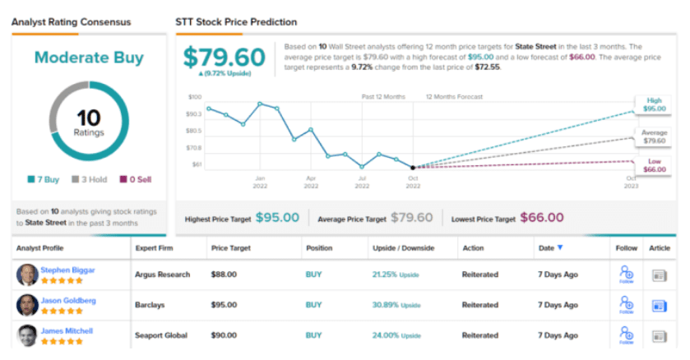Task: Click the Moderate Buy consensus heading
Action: [89, 58]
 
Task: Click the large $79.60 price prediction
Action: [225, 57]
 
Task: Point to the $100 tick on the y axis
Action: [194, 97]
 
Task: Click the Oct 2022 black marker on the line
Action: [413, 167]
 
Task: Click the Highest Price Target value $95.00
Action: [277, 218]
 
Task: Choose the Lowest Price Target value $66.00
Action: [542, 218]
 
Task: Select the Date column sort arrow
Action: [561, 247]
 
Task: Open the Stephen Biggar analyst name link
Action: [68, 269]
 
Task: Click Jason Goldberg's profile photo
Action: [26, 305]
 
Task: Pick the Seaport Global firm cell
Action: [160, 335]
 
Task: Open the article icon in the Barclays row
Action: [659, 306]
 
